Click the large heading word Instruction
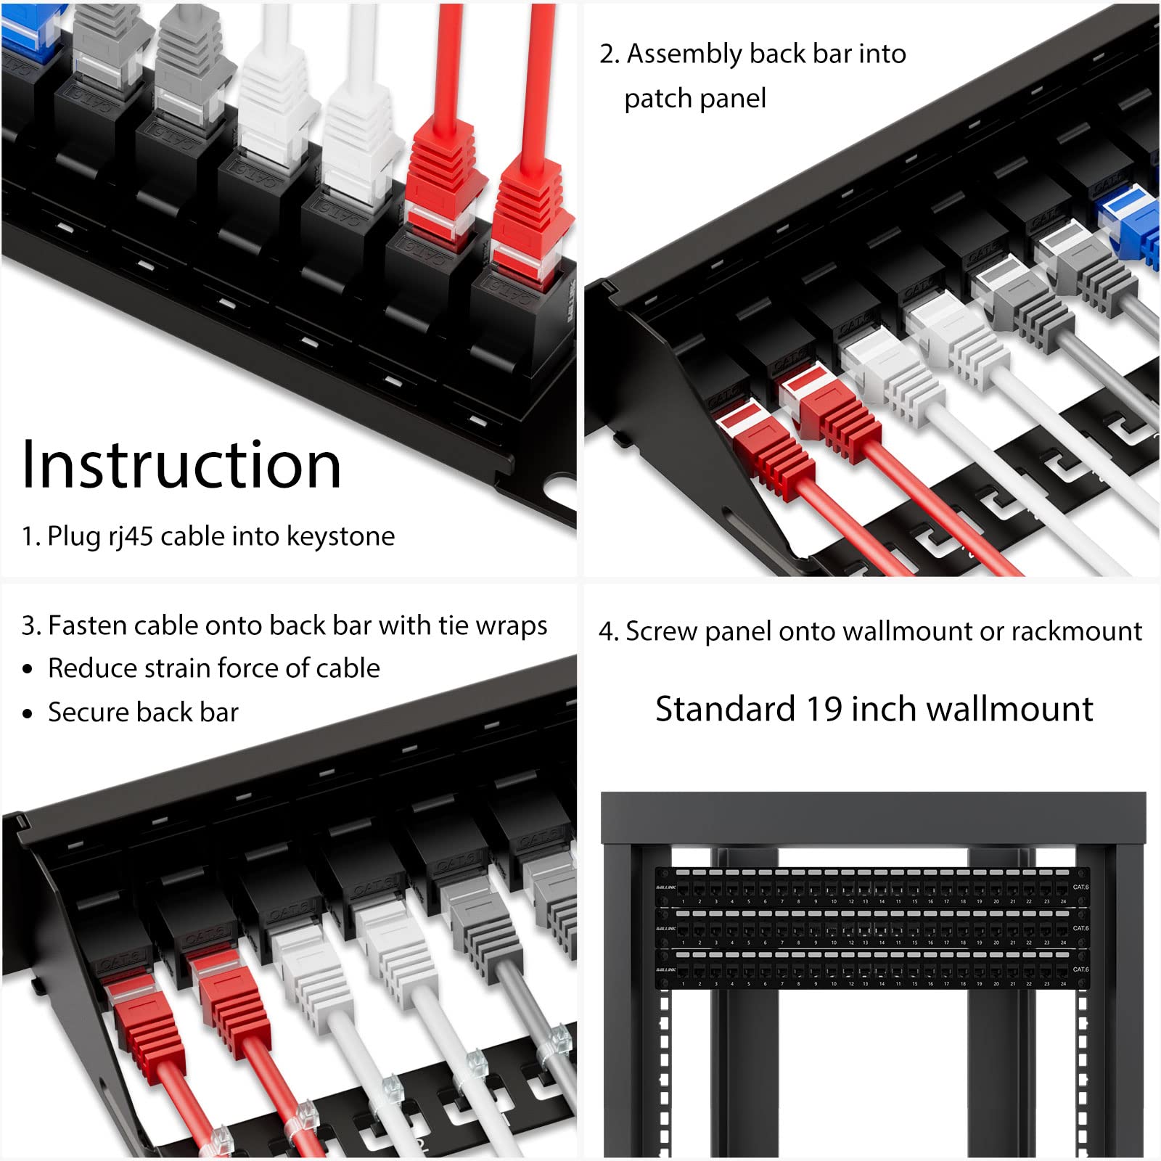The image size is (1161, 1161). pos(181,465)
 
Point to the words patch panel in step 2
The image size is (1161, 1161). pos(694,99)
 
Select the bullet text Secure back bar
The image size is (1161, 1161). pos(143,713)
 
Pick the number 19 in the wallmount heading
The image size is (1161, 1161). pos(824,709)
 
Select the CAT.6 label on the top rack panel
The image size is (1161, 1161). pos(1080,887)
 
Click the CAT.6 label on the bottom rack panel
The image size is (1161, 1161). pos(1080,969)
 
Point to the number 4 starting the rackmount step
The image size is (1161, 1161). pos(606,631)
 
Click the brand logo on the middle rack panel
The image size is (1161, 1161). pos(665,928)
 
